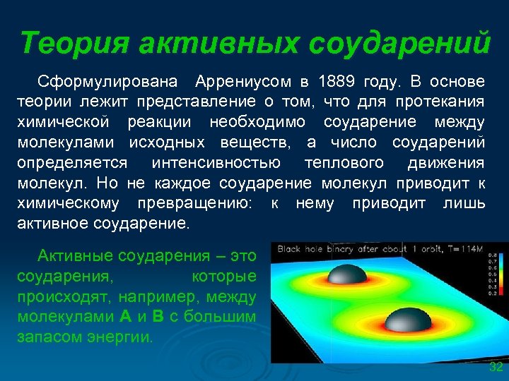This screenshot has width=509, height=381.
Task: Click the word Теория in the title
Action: [x=73, y=43]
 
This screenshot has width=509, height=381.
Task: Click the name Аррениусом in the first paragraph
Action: [x=245, y=81]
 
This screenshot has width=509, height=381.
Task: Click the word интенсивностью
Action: [x=216, y=163]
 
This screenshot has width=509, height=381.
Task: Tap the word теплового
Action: [x=344, y=163]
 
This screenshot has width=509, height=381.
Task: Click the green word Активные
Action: [x=75, y=255]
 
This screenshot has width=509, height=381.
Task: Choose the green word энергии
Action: [x=124, y=337]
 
